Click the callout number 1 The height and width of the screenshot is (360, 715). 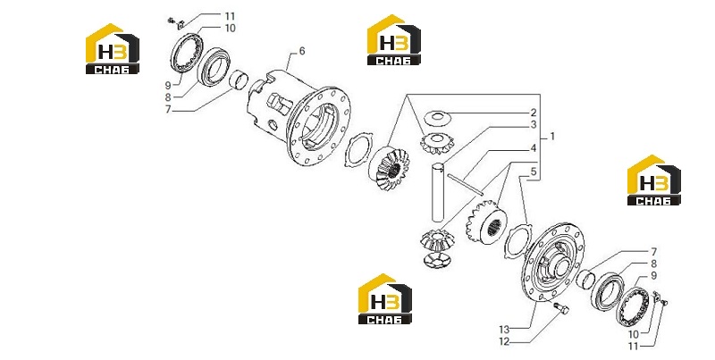(552, 137)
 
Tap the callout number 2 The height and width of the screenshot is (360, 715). (533, 113)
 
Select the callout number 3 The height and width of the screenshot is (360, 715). (533, 125)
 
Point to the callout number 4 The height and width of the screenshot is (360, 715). (533, 148)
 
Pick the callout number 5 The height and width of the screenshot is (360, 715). (533, 172)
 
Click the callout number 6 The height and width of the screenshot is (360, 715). (302, 51)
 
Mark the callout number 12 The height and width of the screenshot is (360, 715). (504, 341)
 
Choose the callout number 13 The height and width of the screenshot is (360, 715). (504, 330)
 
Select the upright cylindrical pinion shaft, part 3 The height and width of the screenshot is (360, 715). (438, 192)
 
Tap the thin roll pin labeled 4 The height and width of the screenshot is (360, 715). (465, 184)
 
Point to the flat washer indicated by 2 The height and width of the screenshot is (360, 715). (437, 118)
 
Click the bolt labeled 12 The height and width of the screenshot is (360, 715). (562, 309)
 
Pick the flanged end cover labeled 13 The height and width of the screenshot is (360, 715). (552, 263)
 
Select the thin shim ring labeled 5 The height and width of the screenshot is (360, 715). (518, 241)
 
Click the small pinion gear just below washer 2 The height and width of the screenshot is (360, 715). (437, 143)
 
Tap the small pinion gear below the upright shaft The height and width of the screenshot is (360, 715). (434, 240)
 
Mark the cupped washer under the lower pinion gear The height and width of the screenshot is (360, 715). (436, 260)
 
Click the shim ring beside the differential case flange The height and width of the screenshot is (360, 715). (358, 150)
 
